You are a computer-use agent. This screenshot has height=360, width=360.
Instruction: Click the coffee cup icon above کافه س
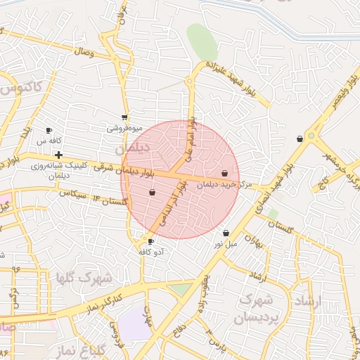(49, 131)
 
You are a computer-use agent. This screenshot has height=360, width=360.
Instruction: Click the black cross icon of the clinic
(58, 155)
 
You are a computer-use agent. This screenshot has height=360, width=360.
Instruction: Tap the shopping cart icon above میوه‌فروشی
(124, 117)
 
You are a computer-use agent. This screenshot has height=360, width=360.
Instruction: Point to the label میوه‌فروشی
(124, 129)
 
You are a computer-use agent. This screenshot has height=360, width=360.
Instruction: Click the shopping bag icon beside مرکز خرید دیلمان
(224, 173)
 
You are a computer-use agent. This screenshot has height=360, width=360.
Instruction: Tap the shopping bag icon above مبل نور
(226, 233)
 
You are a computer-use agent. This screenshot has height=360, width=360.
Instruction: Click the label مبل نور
(226, 244)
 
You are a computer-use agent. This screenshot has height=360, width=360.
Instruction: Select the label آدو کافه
(151, 252)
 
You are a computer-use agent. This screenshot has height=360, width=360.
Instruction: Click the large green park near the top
(202, 43)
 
